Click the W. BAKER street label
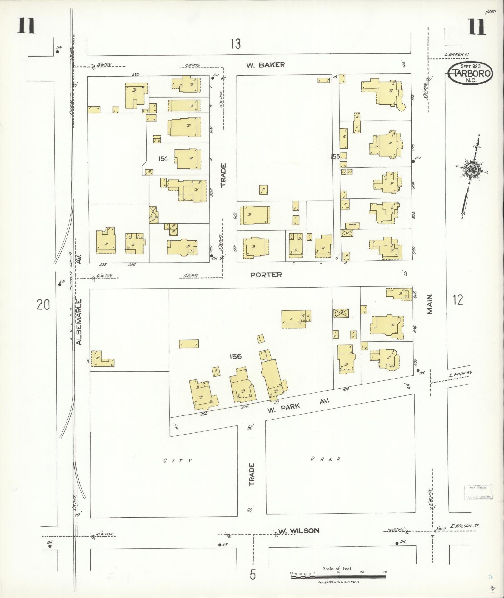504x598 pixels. [265, 65]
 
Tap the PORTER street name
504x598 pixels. [266, 274]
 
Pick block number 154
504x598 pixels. [163, 159]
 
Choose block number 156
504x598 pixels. [235, 356]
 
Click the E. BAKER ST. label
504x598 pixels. [457, 54]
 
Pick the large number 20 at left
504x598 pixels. [43, 304]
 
